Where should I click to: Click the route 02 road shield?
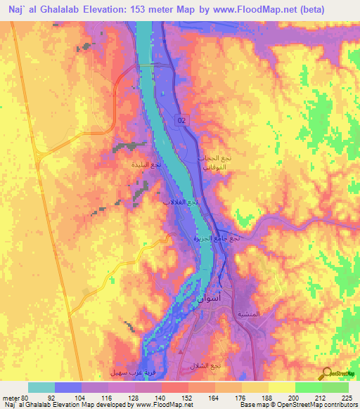pyautogui.click(x=183, y=121)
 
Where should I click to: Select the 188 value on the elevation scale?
pyautogui.click(x=265, y=398)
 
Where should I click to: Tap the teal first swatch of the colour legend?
pyautogui.click(x=41, y=387)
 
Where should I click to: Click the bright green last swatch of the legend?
pyautogui.click(x=335, y=387)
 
